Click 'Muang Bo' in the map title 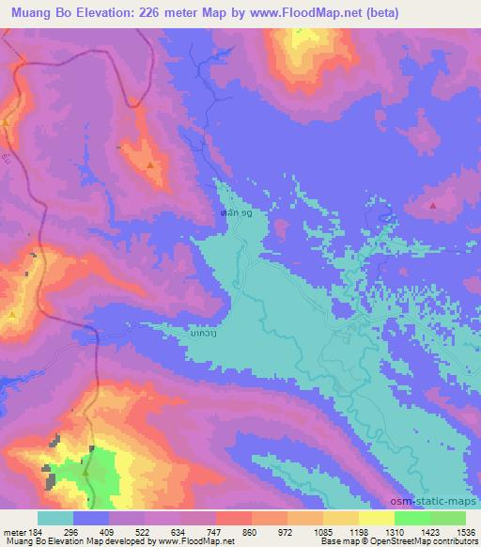37,13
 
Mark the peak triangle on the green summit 85,475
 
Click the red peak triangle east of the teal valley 432,204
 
